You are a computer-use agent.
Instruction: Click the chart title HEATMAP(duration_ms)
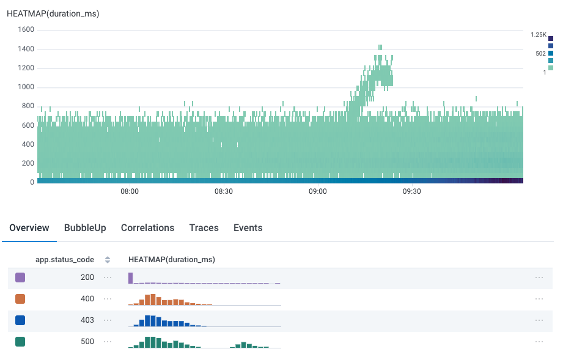tap(53, 13)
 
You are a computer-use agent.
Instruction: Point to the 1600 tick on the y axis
tap(26, 29)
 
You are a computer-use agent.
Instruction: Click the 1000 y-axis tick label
tap(26, 87)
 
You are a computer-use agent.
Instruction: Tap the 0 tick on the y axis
tap(31, 182)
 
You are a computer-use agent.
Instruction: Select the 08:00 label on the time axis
tap(130, 191)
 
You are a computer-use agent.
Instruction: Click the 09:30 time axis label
tap(412, 191)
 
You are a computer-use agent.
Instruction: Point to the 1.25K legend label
tap(539, 35)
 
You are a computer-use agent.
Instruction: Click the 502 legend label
tap(540, 54)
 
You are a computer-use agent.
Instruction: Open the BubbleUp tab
tap(85, 228)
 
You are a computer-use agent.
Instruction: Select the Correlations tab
tap(147, 228)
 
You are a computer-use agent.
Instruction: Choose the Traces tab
tap(204, 228)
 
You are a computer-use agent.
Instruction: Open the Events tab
tap(248, 228)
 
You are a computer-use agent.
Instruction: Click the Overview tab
tap(29, 228)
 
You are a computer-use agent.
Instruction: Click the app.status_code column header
tap(65, 260)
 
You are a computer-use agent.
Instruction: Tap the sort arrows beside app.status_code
tap(108, 260)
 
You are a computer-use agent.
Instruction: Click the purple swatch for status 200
tap(20, 277)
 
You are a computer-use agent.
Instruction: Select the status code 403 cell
tap(87, 320)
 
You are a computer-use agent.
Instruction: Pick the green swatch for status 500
tap(20, 342)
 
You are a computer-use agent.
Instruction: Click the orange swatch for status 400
tap(20, 299)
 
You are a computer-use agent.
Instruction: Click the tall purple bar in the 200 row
tap(131, 278)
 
